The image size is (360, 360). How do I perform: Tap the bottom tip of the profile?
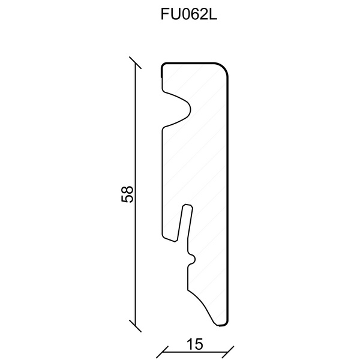[x=223, y=325]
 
